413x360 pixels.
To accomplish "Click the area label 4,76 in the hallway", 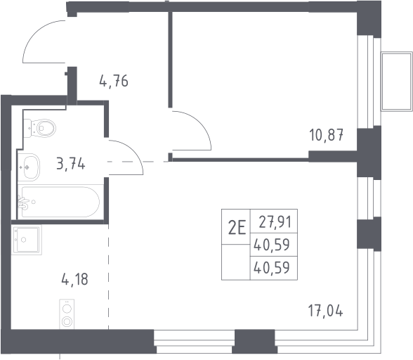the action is pos(114,81).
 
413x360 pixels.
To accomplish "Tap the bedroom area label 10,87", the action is pos(327,135).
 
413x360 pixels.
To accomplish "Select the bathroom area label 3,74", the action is pos(71,164).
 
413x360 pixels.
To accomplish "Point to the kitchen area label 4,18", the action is pos(74,279).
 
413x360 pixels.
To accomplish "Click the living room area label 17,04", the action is pos(326,310).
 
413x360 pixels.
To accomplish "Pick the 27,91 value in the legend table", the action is pos(275,221).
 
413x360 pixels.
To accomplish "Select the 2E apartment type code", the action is pos(237,227).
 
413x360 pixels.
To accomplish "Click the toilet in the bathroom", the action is pos(40,128).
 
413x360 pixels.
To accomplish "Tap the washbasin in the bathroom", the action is pos(29,167).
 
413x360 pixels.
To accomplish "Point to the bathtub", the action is pos(60,202).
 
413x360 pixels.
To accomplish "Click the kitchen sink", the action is pos(27,240).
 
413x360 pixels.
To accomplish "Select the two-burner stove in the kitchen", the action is pos(67,314).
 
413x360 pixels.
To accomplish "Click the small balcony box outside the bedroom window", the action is pos(397,82).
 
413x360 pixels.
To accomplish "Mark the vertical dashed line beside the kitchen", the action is pos(108,277).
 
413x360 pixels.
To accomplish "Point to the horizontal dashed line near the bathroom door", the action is pos(138,162).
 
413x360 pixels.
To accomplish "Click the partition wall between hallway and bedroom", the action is pos(170,60).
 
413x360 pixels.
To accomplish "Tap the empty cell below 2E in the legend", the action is pos(236,262).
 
